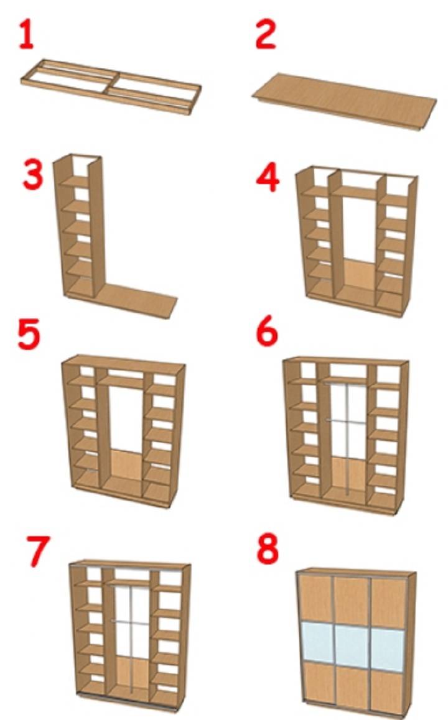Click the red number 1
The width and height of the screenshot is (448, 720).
coord(26,34)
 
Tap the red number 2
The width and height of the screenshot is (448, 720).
coord(266,34)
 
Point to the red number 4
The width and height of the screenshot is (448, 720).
coord(268,178)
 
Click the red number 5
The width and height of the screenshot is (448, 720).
coord(29,335)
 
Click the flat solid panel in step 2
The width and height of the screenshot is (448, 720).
coord(345,101)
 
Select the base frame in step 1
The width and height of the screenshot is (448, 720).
coord(111,86)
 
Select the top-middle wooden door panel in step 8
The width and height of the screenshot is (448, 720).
coord(352,600)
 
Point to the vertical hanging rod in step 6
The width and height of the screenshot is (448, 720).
coord(348,438)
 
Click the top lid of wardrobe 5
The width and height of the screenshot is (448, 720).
coord(124,360)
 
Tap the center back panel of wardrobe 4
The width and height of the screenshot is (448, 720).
coord(359,275)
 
